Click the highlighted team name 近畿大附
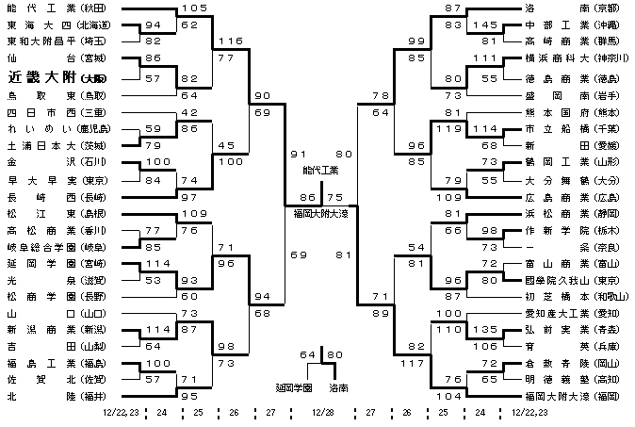click(x=41, y=77)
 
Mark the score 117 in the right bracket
click(x=412, y=364)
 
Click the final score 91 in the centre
click(x=299, y=153)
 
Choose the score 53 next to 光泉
click(x=155, y=281)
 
